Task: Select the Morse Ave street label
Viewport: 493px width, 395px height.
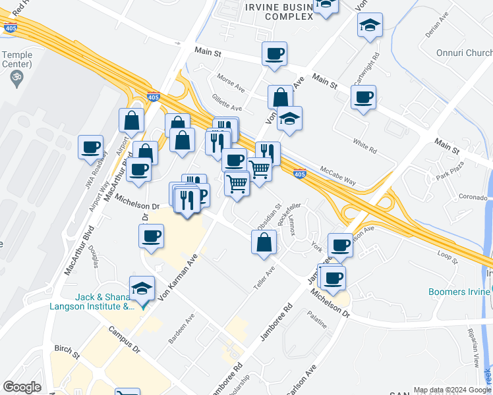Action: coord(231,86)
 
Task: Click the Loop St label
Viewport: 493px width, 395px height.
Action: coord(448,256)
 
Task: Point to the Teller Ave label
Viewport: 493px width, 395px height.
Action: coord(264,281)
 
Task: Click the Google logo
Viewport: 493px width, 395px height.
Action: coord(22,387)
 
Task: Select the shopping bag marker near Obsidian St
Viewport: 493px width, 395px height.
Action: coord(264,243)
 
